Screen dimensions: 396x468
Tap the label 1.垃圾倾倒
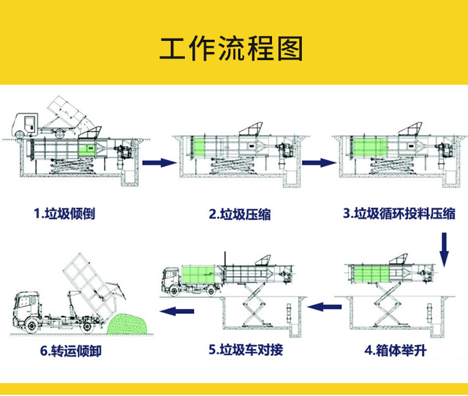click(64, 213)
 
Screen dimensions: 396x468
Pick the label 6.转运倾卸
click(74, 351)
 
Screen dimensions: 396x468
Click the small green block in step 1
click(87, 149)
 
